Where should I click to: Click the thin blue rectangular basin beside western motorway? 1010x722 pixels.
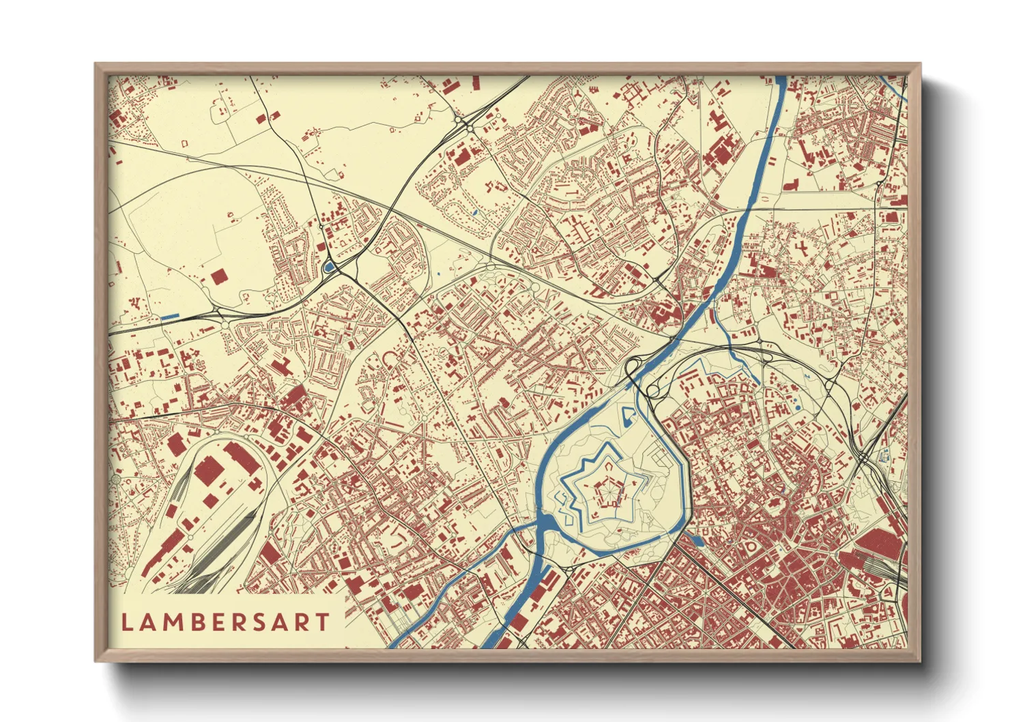(170, 316)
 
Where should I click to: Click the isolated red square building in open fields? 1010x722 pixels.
(218, 276)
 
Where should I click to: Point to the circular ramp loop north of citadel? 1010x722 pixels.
(653, 391)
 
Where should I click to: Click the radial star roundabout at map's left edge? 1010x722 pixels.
(116, 480)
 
